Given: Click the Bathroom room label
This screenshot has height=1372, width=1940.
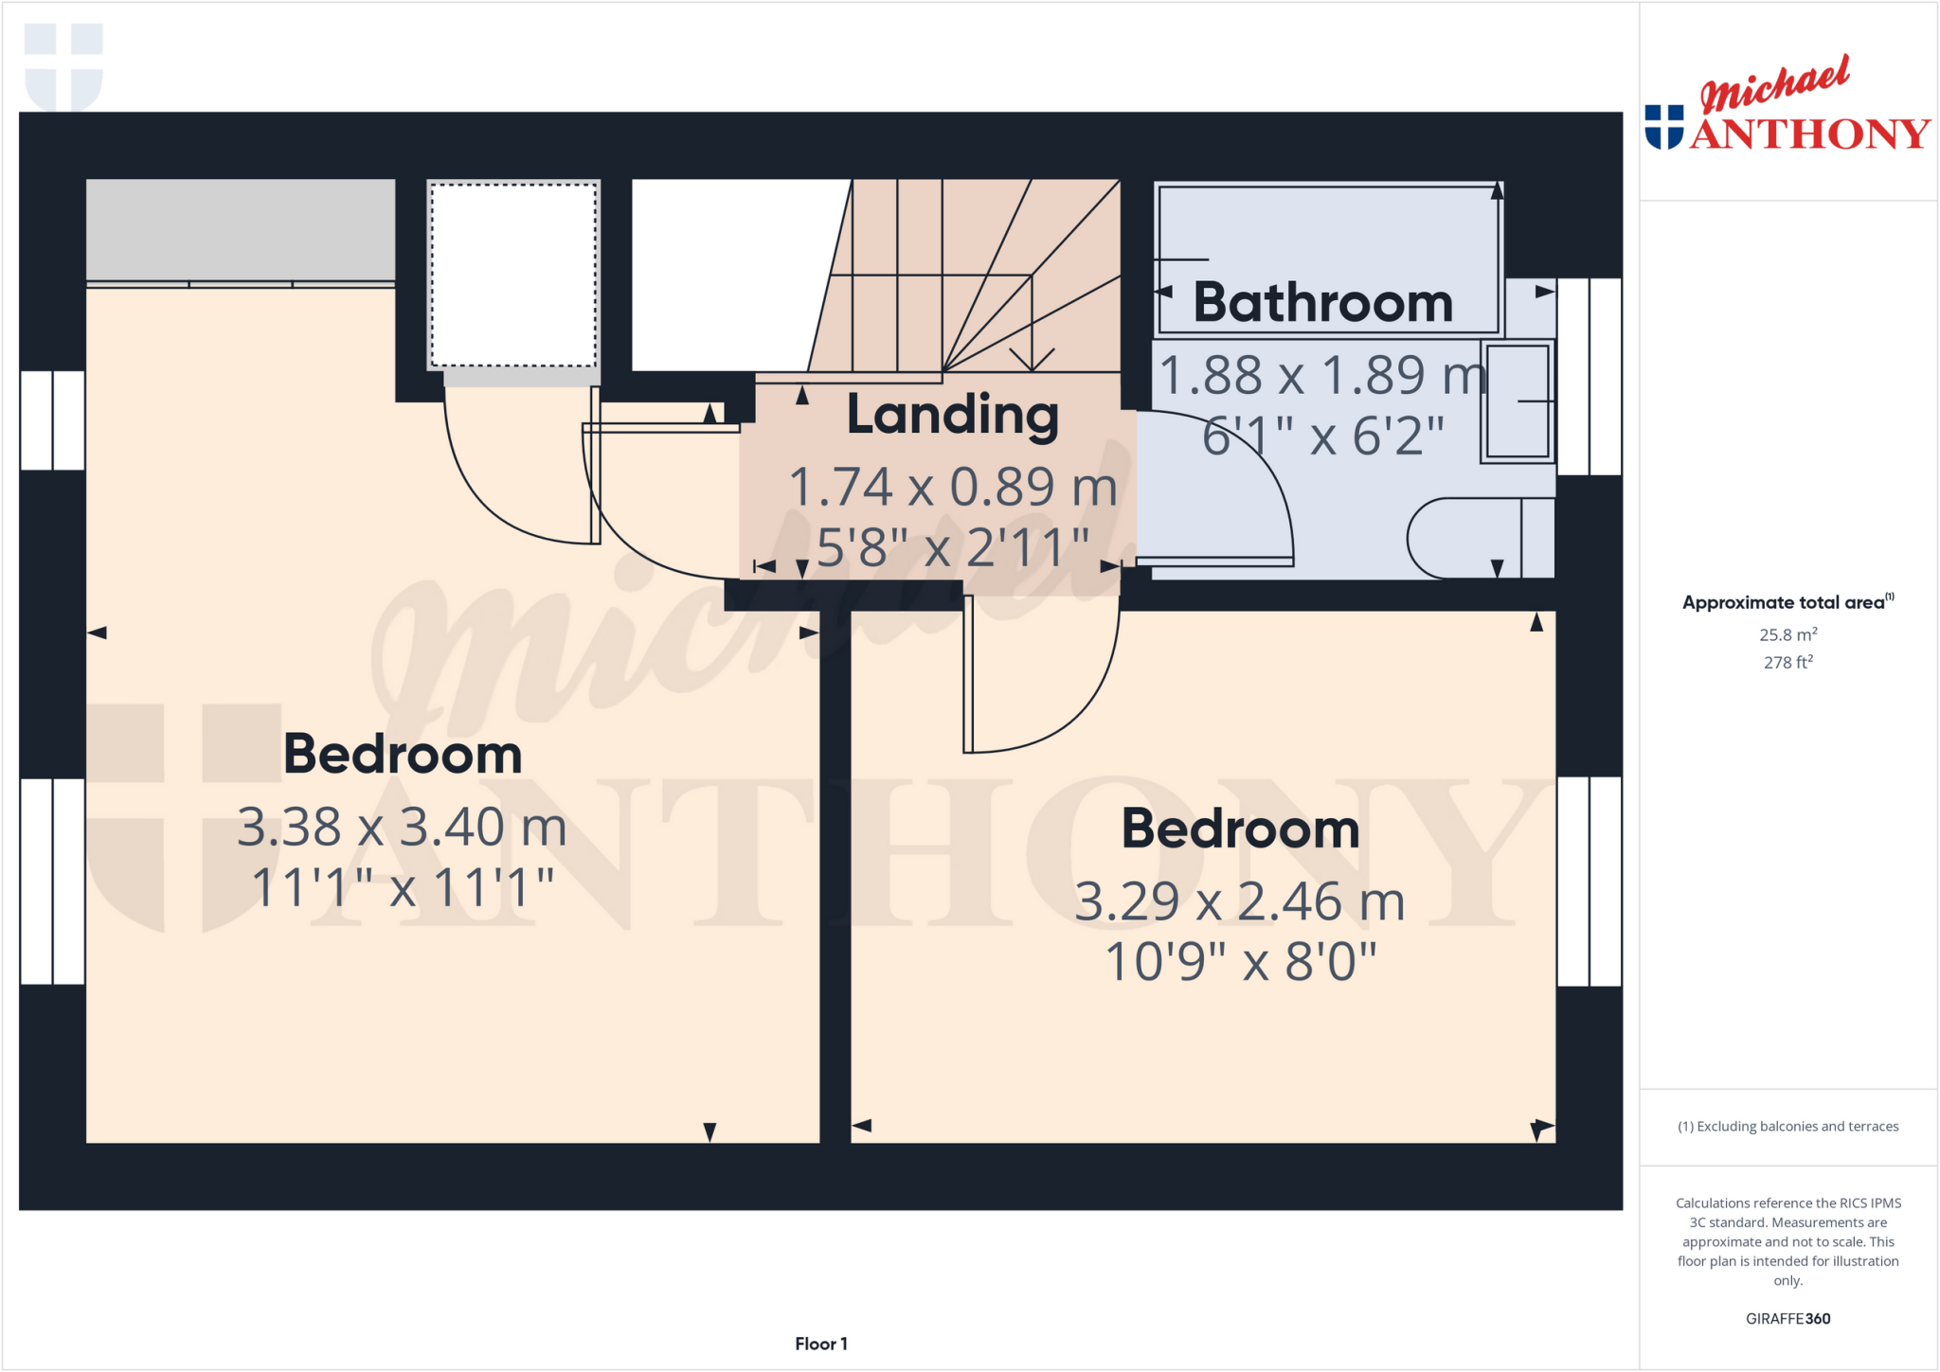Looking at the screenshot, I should point(1322,303).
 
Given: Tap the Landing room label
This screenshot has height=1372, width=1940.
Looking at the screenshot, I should point(952,415).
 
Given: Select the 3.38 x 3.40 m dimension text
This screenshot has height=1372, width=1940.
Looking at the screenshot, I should point(402,827).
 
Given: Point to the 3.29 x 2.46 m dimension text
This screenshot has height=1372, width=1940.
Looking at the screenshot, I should point(1239,900).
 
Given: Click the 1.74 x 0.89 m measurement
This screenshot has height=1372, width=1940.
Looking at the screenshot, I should point(952,487).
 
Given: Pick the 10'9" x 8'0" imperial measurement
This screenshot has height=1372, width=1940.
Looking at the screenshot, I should point(1239,962).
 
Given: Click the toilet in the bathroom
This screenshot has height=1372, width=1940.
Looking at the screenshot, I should point(1478,538).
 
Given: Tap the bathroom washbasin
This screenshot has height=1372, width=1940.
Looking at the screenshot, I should point(1517,401).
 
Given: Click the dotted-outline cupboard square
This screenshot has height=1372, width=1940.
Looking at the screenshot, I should point(513,275).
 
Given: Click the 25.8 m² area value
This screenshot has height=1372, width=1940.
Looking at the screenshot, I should point(1787,634).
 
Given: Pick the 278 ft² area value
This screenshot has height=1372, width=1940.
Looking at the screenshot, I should point(1787,662).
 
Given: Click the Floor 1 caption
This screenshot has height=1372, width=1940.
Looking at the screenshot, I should point(820,1344).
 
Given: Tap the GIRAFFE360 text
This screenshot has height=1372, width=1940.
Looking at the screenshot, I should point(1787,1318).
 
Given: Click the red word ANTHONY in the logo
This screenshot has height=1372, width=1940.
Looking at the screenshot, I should point(1809,134).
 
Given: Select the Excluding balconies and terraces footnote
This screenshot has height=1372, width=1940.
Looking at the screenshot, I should point(1787,1126).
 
